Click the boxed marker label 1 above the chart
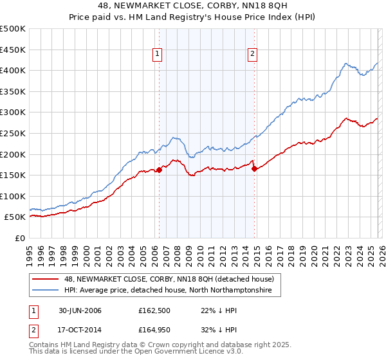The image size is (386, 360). pos(157,55)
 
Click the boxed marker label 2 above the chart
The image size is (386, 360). pos(253,55)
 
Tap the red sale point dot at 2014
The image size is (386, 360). pos(255,169)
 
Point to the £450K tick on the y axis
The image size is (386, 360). pos(13,50)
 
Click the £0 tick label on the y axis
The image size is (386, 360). pos(20,239)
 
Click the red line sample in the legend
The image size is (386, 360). pos(46,279)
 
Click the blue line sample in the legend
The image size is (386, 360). pos(46,291)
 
